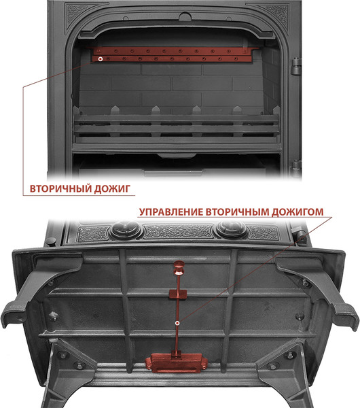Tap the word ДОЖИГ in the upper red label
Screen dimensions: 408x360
click(x=108, y=188)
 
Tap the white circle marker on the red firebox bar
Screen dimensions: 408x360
click(x=101, y=59)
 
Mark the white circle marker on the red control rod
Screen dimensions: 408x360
click(x=177, y=323)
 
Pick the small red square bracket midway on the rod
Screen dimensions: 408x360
click(x=178, y=293)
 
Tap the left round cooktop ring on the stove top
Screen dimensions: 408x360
click(x=125, y=229)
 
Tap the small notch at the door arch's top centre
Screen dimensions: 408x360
click(x=181, y=14)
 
